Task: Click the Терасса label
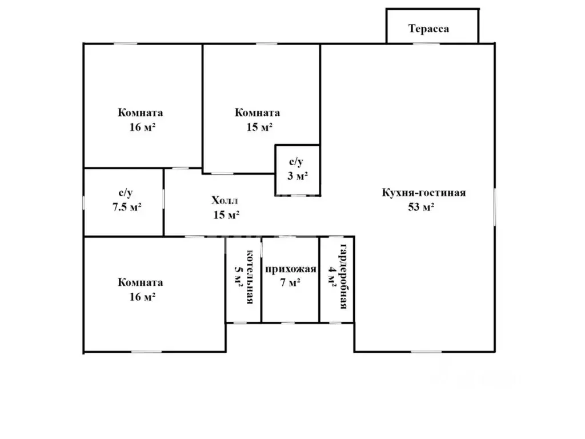pos(428,29)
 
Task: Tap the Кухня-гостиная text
pos(423,193)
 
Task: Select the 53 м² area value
pos(421,207)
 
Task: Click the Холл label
pos(225,201)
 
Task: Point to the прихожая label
pos(291,269)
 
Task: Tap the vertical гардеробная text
pos(343,277)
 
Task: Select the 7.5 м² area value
pos(127,207)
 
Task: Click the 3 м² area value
pos(297,176)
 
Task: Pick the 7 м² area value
pos(290,282)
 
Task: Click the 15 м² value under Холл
pos(226,215)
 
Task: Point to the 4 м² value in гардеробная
pos(332,276)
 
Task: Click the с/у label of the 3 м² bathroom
pos(296,162)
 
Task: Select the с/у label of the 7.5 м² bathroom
pos(126,193)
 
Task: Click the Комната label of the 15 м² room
pos(257,113)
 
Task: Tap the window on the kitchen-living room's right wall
pos(495,206)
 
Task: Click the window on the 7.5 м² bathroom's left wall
pos(83,203)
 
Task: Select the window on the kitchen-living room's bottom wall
pos(426,352)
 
